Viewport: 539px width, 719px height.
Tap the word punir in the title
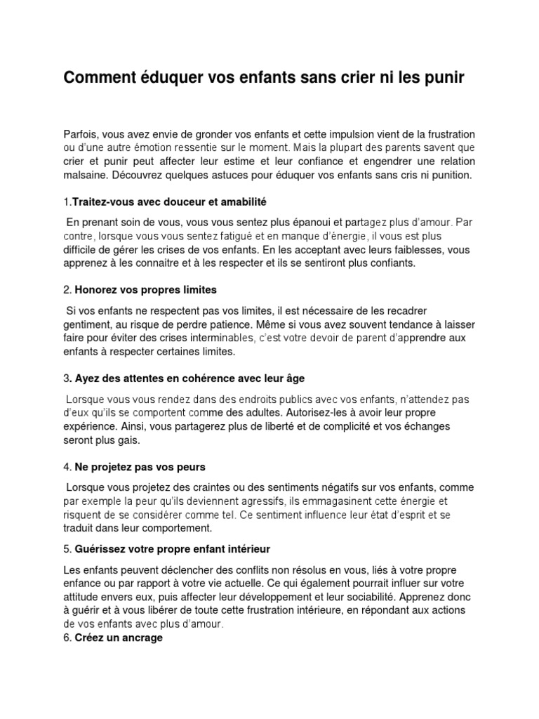443,78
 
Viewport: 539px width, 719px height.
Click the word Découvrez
140,175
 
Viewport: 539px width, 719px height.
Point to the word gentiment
87,324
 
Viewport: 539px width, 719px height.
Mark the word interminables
197,338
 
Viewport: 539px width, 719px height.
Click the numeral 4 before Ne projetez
66,467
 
